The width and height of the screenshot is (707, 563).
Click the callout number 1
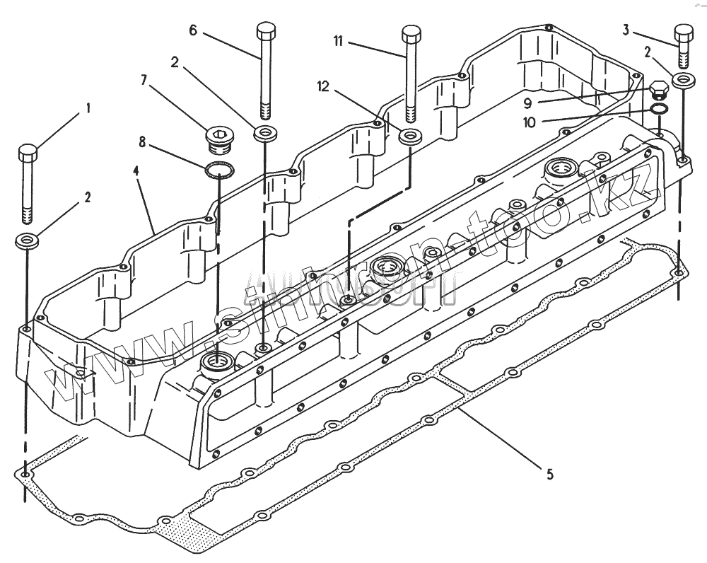click(x=88, y=108)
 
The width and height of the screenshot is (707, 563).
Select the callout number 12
click(x=323, y=86)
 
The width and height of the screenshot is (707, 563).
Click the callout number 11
click(x=339, y=42)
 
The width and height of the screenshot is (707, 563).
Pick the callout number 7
click(x=144, y=80)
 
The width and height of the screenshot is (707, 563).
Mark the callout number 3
click(x=626, y=29)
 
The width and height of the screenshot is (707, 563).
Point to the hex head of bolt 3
click(x=684, y=33)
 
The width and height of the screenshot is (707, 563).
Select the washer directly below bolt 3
click(x=683, y=79)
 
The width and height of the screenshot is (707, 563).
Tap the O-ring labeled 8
click(x=220, y=170)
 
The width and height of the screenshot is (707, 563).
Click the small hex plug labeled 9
click(x=658, y=91)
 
